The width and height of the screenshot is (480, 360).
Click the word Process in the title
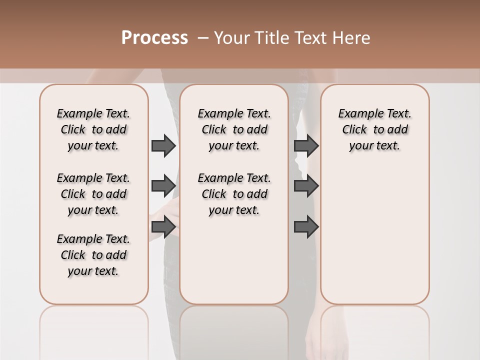click(x=154, y=38)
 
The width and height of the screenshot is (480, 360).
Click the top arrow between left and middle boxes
click(x=163, y=145)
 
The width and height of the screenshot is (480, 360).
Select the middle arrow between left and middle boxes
click(x=163, y=186)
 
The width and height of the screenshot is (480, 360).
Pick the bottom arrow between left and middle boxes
click(x=163, y=227)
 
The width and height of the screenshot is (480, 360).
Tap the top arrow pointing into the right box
click(x=306, y=145)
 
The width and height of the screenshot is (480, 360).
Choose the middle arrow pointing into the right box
click(x=306, y=186)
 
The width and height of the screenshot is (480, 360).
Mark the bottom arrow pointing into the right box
click(x=306, y=227)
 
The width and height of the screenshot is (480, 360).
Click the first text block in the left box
click(x=93, y=129)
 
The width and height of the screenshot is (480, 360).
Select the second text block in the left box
click(x=93, y=194)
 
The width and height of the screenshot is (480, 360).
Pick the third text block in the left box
click(x=93, y=255)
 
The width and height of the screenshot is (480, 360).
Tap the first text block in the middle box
click(x=234, y=129)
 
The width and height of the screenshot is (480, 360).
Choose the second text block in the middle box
click(x=234, y=194)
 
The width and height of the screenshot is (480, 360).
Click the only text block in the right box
click(x=374, y=129)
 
